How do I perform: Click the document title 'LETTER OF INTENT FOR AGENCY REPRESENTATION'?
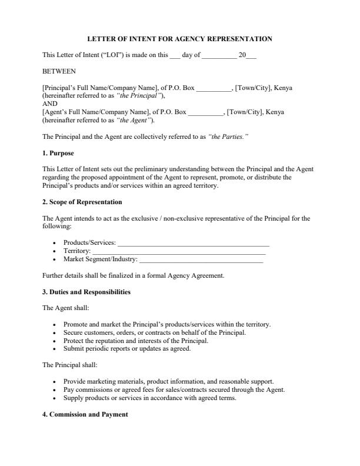pyautogui.click(x=179, y=39)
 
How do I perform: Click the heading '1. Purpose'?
pyautogui.click(x=58, y=153)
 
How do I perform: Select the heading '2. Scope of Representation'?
pyautogui.click(x=82, y=202)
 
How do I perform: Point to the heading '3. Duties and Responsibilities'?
pyautogui.click(x=86, y=292)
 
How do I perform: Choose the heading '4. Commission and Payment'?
pyautogui.click(x=85, y=414)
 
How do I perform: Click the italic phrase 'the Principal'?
pyautogui.click(x=139, y=95)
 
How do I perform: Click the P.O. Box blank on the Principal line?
pyautogui.click(x=214, y=89)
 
